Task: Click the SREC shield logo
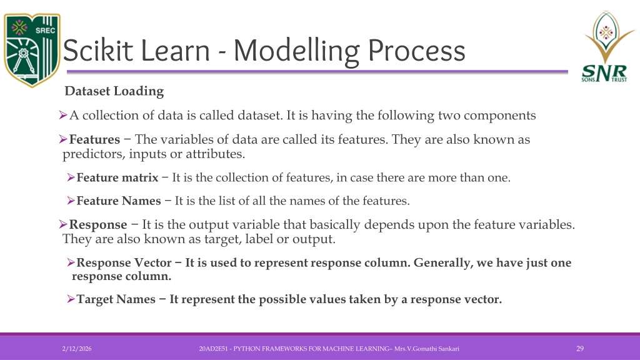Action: [x=32, y=50]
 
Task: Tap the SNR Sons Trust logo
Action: [x=606, y=46]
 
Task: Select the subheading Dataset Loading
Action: [x=114, y=91]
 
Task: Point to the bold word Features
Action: [x=94, y=139]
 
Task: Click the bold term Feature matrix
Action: [x=117, y=177]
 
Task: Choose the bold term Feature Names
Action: [x=118, y=201]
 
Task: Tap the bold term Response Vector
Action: [x=124, y=262]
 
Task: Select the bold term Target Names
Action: [x=116, y=299]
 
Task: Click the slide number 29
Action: [x=580, y=349]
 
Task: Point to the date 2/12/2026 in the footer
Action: [x=77, y=349]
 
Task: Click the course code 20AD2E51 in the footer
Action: [x=213, y=349]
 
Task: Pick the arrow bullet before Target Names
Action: [x=71, y=299]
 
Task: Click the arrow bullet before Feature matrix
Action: [x=71, y=177]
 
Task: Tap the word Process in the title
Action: [x=416, y=51]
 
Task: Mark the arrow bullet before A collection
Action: [x=63, y=115]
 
